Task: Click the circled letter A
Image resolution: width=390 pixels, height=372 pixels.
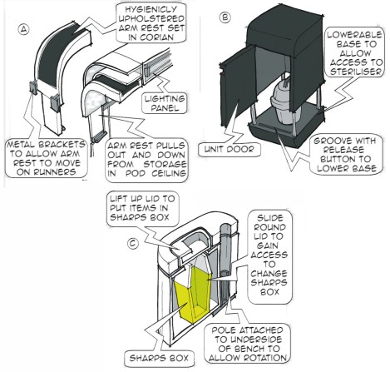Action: pos(24,29)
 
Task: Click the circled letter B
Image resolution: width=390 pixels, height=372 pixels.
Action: pos(225,17)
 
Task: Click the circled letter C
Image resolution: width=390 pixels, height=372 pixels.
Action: pos(133,243)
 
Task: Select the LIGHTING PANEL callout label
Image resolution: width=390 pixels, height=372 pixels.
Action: pos(165,103)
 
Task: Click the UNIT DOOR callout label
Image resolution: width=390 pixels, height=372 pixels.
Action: pos(229,149)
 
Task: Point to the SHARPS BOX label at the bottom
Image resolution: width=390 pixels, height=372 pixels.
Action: pos(159,358)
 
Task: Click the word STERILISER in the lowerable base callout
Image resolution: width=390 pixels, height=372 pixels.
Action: pos(356,72)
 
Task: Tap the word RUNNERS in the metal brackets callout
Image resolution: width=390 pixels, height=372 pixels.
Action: pos(46,172)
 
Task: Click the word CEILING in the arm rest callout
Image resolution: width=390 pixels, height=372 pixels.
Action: pos(169,173)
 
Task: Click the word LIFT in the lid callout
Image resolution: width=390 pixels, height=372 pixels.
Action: pos(119,199)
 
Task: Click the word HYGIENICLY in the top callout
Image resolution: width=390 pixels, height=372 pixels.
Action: pos(151,9)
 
